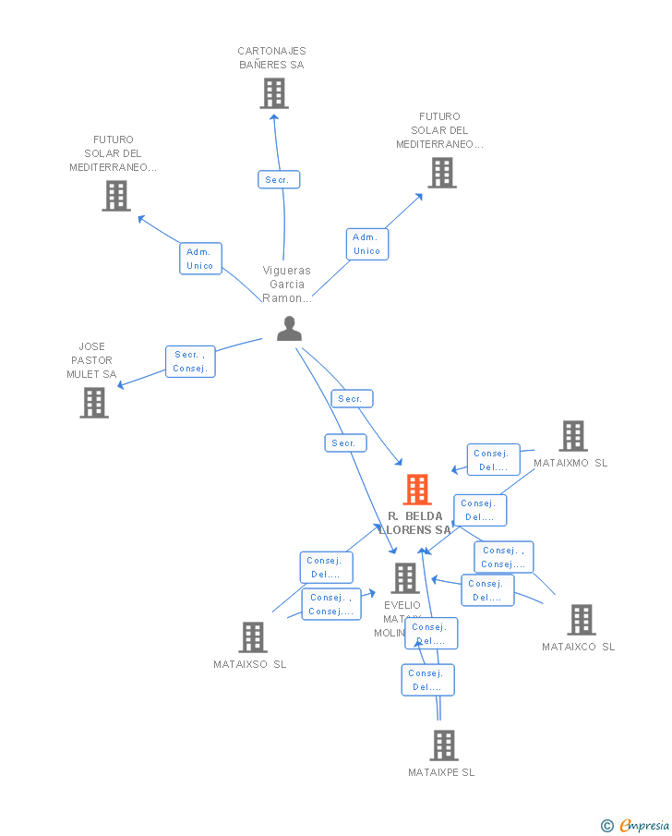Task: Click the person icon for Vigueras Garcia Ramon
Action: (x=289, y=329)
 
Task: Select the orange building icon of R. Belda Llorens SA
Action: (x=417, y=490)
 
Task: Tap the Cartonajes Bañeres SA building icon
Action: (x=273, y=93)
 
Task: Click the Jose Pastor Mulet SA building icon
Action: (x=93, y=403)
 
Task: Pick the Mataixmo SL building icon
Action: (x=572, y=436)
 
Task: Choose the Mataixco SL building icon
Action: (x=581, y=620)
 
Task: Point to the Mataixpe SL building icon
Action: (x=443, y=745)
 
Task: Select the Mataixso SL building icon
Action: (x=253, y=637)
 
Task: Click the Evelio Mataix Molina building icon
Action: (x=404, y=578)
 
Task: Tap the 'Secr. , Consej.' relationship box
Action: (x=190, y=361)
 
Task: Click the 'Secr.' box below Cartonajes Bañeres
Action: (x=278, y=179)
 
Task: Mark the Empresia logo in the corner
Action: (x=636, y=825)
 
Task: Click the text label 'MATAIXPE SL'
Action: (x=441, y=772)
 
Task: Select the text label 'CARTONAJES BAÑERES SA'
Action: (x=271, y=58)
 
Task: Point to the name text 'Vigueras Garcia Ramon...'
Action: (x=287, y=285)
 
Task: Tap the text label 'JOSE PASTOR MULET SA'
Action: (x=91, y=360)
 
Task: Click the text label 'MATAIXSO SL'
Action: (x=250, y=664)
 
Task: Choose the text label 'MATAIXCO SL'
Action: (x=578, y=647)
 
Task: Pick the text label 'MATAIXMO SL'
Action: (x=570, y=463)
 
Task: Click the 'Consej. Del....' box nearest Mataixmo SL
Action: (x=491, y=459)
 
